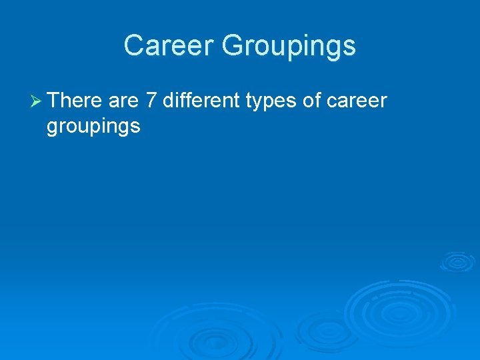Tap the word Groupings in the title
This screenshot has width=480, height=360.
289,46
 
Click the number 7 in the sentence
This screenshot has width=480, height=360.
151,101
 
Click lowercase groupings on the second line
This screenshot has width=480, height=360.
93,126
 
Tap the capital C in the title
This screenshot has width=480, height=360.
133,46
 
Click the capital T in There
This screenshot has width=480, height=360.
55,101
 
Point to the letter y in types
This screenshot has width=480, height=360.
265,104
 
